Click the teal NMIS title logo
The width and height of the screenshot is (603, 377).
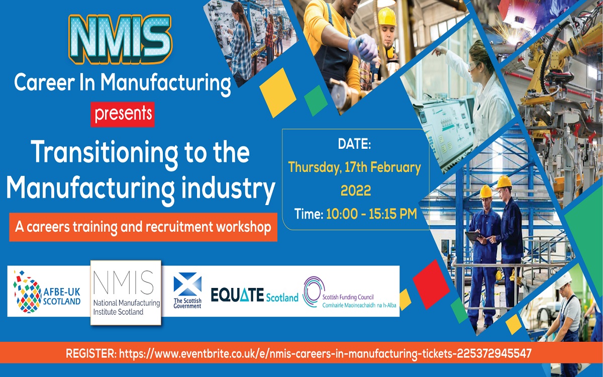[120, 38]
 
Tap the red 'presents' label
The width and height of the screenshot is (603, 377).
[123, 114]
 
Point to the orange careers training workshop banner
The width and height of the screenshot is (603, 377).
[143, 227]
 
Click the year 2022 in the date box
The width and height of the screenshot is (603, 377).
[356, 191]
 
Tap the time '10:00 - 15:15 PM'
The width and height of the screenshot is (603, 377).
[371, 214]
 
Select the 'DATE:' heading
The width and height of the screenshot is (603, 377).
[354, 144]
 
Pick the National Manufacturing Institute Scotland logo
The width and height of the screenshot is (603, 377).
[126, 293]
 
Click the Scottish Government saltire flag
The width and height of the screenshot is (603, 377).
[187, 285]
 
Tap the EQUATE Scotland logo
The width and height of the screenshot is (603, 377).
[254, 296]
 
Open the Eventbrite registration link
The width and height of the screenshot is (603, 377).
[325, 353]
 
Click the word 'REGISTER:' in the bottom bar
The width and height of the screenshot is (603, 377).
[91, 353]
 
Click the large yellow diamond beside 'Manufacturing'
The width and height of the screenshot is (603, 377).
[278, 92]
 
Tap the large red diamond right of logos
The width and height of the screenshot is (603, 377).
[431, 285]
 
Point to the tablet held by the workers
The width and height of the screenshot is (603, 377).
[473, 236]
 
